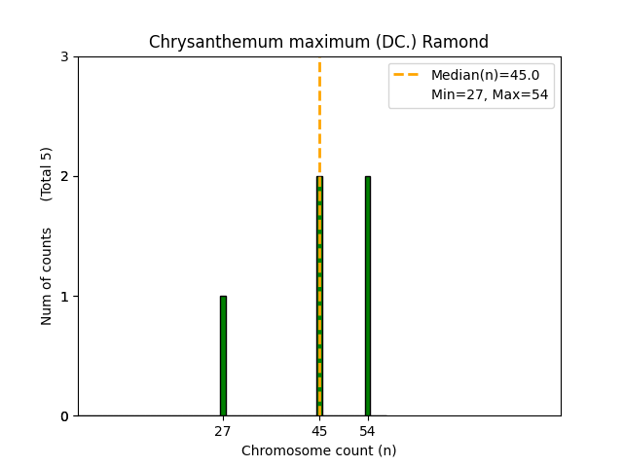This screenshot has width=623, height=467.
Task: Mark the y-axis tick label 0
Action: point(64,416)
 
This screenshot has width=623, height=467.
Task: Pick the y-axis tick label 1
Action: point(64,297)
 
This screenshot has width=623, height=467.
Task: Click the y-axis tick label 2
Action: point(64,177)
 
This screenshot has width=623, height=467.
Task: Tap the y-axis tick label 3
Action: point(64,57)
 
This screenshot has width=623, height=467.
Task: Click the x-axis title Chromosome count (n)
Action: point(319,450)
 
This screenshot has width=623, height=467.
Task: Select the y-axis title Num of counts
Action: point(47,276)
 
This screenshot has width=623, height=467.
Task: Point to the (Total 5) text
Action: point(47,174)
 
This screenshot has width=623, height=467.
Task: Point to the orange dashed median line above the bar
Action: point(319,117)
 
